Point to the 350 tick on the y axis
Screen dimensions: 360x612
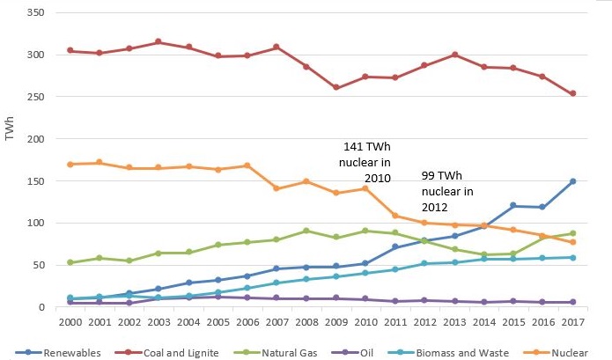[x=38, y=15]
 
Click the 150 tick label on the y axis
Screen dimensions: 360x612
[x=38, y=181]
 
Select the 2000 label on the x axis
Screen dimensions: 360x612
[x=70, y=322]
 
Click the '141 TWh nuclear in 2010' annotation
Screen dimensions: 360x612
[x=368, y=163]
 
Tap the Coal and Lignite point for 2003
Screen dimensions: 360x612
[x=159, y=41]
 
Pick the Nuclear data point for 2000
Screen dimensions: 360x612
[x=70, y=164]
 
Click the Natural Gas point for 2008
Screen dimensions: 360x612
[x=306, y=231]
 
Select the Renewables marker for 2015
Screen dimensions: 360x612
[x=512, y=205]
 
